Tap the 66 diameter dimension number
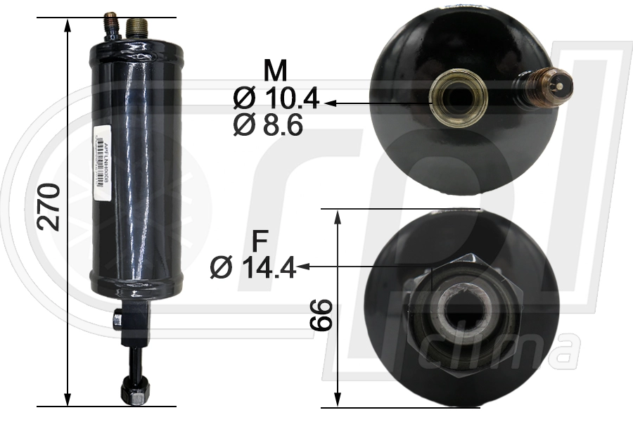(321, 314)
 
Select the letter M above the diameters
(276, 71)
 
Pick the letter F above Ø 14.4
(260, 241)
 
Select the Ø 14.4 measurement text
(253, 267)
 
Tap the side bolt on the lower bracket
(117, 320)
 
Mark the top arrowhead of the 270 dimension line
(68, 25)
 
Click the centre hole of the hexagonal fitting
(463, 307)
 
